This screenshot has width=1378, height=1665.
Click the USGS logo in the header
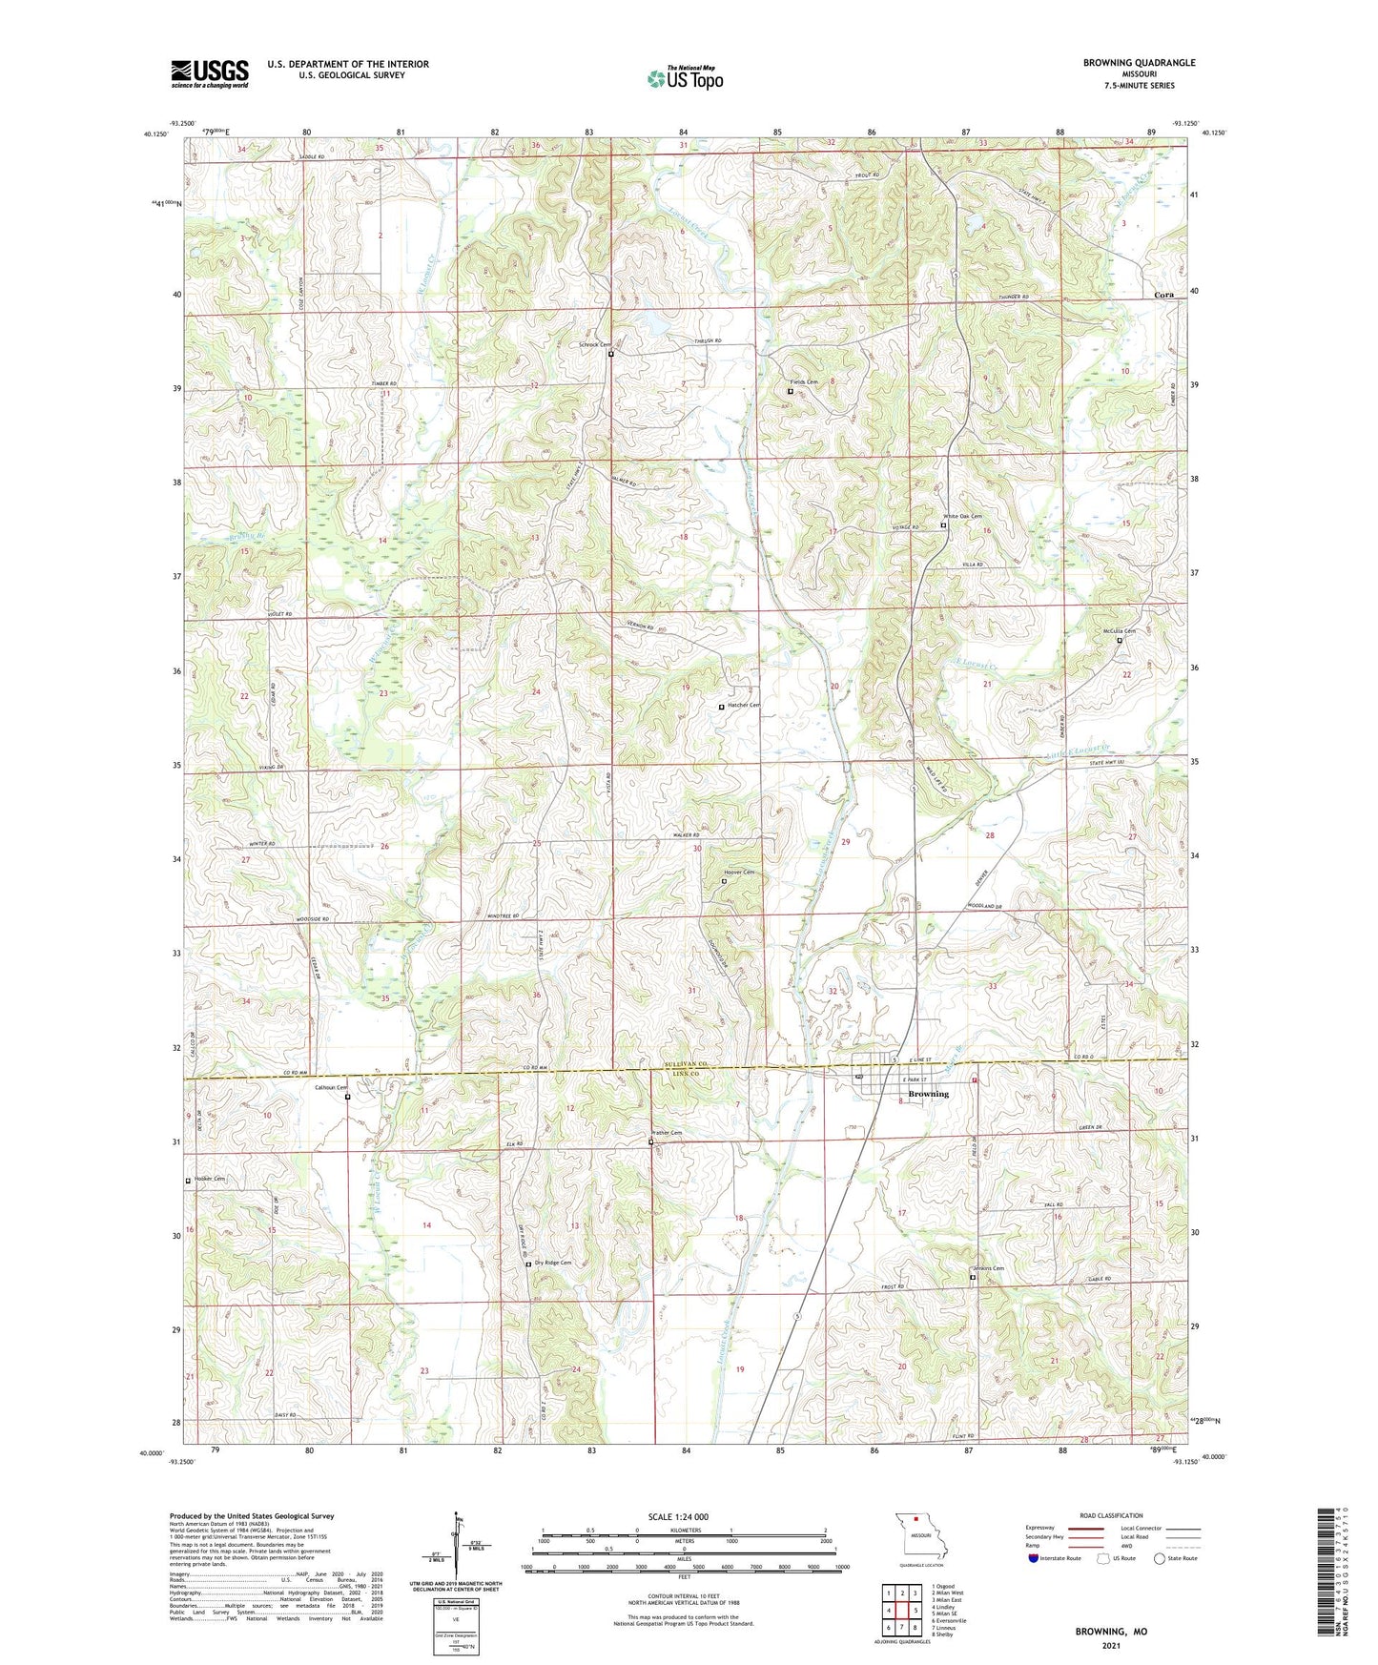click(x=210, y=73)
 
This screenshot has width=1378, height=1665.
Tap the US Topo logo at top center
click(x=685, y=78)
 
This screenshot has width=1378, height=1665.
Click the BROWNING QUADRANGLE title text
click(x=1139, y=63)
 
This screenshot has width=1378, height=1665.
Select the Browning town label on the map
click(x=928, y=1094)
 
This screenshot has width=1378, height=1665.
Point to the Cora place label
click(x=1163, y=296)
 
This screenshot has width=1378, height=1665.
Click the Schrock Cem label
click(x=594, y=345)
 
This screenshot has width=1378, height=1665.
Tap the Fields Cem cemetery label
click(x=803, y=382)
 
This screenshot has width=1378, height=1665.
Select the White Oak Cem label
click(x=962, y=517)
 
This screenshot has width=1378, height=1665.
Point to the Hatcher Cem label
click(x=743, y=706)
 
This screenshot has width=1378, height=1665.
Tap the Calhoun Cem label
click(x=332, y=1087)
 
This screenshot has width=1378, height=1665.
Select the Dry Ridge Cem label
click(x=552, y=1263)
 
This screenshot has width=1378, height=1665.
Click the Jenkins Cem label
click(x=987, y=1268)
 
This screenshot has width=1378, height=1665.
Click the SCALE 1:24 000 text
click(x=678, y=1516)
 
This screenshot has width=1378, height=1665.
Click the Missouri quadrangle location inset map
click(x=919, y=1537)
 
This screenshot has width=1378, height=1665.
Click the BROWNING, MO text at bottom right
click(x=1111, y=1632)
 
